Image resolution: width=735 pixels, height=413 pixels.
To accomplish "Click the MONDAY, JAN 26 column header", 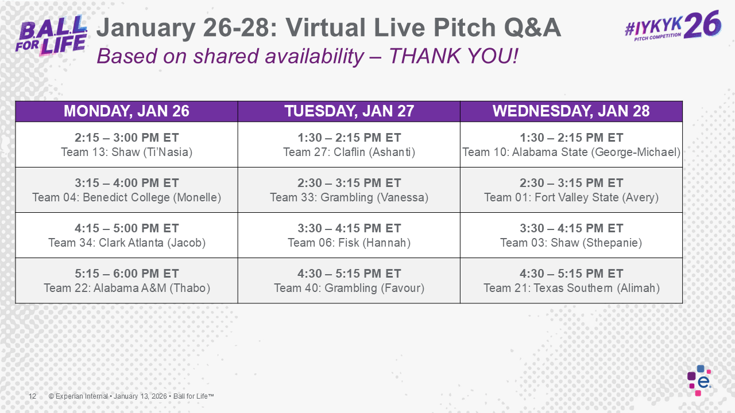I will point(126,111).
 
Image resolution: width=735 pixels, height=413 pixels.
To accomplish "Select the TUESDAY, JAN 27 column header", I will point(349,111).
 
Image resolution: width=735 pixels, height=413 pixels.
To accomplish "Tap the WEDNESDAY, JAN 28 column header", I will point(571,111).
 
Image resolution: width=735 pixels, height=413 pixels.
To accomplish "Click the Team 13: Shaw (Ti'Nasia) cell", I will point(126,145).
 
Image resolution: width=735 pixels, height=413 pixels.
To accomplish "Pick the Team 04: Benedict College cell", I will point(126,190).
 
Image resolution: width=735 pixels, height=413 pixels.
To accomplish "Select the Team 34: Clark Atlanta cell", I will point(126,236).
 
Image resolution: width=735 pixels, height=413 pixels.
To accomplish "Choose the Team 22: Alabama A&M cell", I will point(126,281).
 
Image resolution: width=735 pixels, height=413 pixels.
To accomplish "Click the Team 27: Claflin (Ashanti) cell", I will point(349,145).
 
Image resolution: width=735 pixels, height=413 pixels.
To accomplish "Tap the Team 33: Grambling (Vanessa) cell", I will point(349,190).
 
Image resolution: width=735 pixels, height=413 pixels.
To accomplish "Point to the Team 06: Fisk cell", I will point(349,236).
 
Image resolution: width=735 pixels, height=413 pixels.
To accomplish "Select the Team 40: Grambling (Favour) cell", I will point(349,281).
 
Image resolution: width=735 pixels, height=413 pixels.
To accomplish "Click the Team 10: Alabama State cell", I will point(571,145).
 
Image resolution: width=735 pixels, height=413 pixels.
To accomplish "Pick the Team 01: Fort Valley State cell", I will point(571,190).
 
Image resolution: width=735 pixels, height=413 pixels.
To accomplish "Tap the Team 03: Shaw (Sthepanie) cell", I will point(571,236).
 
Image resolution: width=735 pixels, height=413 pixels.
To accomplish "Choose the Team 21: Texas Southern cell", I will point(571,281).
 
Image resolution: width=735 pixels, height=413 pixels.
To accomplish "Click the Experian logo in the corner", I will point(699,380).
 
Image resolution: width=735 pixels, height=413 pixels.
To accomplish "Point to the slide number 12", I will point(33,396).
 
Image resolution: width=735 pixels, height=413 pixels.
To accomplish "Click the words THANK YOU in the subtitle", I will point(454,56).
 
